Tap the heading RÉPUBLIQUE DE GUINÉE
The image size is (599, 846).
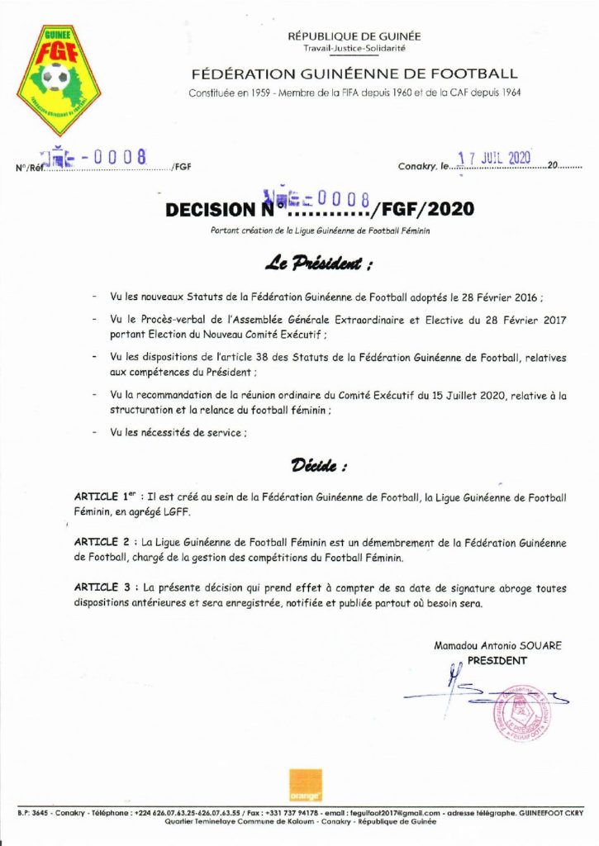pyautogui.click(x=354, y=36)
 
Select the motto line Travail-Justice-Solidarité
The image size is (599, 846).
pyautogui.click(x=354, y=50)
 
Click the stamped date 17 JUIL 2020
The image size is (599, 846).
pyautogui.click(x=493, y=158)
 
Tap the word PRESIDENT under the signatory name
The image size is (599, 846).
pyautogui.click(x=497, y=661)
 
